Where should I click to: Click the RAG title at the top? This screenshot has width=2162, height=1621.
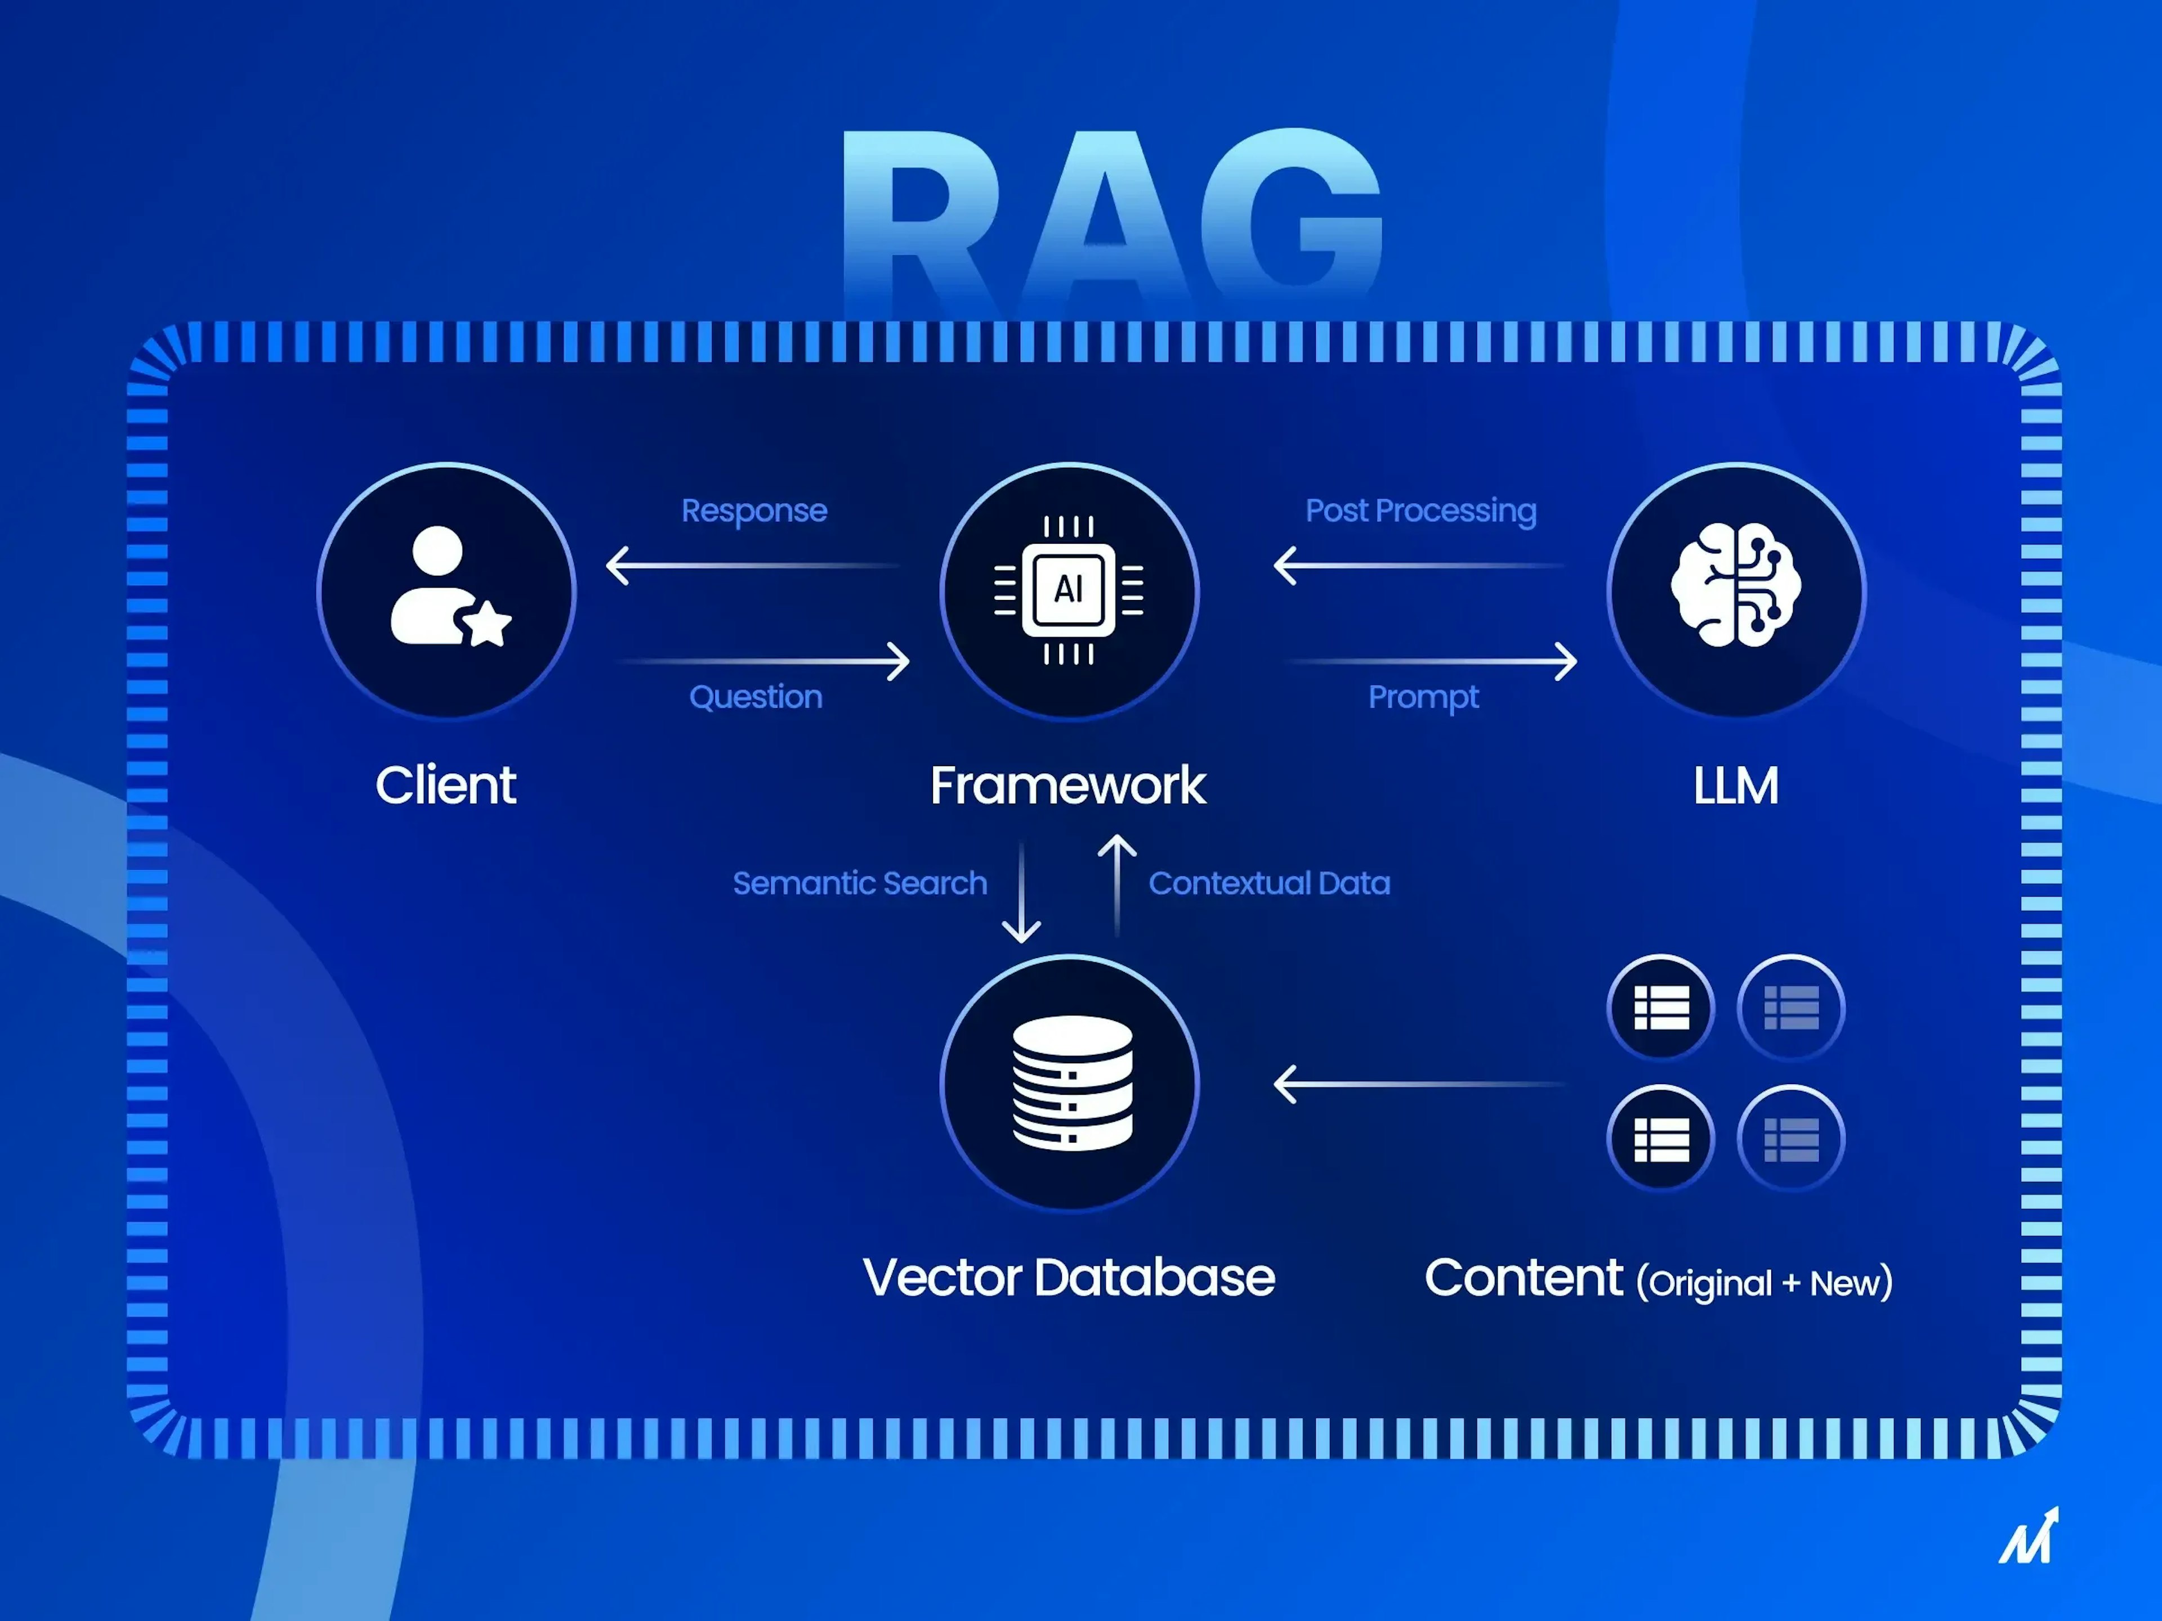pyautogui.click(x=1111, y=220)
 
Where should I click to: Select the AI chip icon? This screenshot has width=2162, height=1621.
pyautogui.click(x=1068, y=589)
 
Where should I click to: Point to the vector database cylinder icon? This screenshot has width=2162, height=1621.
pyautogui.click(x=1071, y=1082)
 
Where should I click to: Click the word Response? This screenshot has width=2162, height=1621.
pyautogui.click(x=753, y=510)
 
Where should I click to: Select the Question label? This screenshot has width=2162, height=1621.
pyautogui.click(x=756, y=697)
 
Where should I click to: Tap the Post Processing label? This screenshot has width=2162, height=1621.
pyautogui.click(x=1420, y=510)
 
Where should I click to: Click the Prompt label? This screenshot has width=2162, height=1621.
pyautogui.click(x=1423, y=697)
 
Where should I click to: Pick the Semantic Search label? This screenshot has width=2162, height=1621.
pyautogui.click(x=859, y=883)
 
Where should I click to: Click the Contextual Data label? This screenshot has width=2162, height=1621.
pyautogui.click(x=1268, y=883)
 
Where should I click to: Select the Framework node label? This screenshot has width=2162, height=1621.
pyautogui.click(x=1068, y=786)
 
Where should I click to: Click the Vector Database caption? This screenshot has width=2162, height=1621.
pyautogui.click(x=1068, y=1277)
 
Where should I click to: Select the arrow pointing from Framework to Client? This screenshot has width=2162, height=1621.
pyautogui.click(x=753, y=565)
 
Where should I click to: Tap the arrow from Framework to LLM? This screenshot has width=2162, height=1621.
pyautogui.click(x=1432, y=661)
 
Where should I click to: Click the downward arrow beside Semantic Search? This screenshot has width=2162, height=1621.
pyautogui.click(x=1021, y=891)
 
